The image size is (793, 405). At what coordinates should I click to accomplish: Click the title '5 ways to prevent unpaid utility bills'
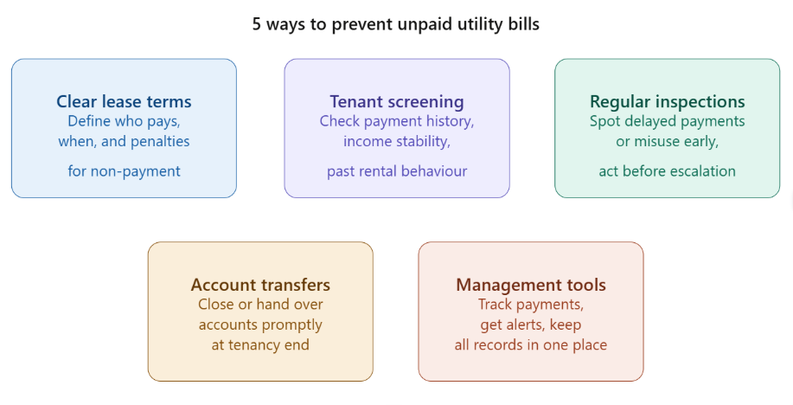click(x=395, y=24)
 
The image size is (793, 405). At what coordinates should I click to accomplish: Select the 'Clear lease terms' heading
click(x=124, y=102)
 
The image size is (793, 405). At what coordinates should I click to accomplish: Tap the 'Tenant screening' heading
click(x=396, y=102)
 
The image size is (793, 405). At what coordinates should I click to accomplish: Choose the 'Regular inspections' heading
click(x=667, y=102)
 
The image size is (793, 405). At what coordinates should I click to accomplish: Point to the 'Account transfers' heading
click(x=260, y=285)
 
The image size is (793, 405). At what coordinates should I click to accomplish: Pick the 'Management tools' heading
click(x=531, y=285)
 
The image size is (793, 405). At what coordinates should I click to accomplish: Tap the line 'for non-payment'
click(x=124, y=171)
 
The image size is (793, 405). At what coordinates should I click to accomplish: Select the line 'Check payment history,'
click(x=396, y=121)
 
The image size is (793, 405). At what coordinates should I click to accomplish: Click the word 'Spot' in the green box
click(x=604, y=121)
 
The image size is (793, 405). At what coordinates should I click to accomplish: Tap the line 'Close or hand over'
click(x=260, y=305)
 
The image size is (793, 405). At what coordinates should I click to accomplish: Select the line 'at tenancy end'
click(x=260, y=344)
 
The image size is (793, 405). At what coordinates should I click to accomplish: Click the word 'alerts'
click(x=532, y=325)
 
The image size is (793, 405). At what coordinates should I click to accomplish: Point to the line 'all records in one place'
click(x=531, y=344)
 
